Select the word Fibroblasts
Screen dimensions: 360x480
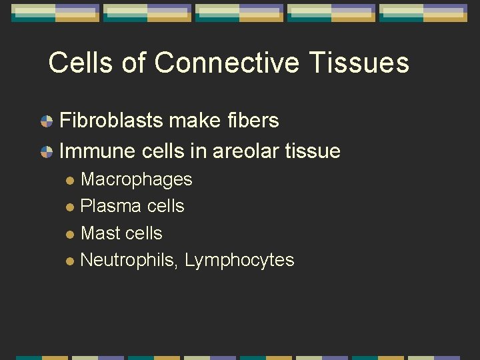point(111,121)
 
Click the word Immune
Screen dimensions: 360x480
point(97,151)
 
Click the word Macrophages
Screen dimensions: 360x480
point(136,180)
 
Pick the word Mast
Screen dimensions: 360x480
point(101,233)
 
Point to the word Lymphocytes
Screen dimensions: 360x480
point(239,260)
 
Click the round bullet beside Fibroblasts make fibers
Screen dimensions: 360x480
point(47,121)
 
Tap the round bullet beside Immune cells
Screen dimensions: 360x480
point(47,152)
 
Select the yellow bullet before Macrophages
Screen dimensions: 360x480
point(71,181)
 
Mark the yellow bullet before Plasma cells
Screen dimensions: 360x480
point(71,207)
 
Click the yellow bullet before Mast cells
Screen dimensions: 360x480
point(71,234)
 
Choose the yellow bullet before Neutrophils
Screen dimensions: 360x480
point(71,261)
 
